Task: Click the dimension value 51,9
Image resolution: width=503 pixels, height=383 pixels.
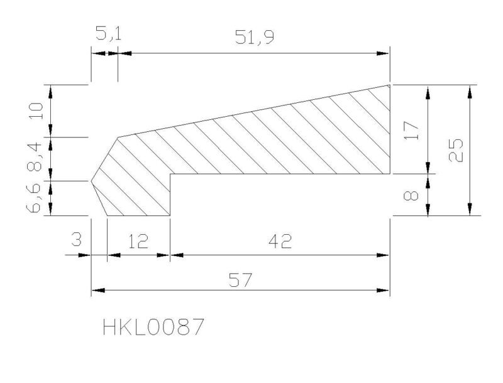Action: pos(255,36)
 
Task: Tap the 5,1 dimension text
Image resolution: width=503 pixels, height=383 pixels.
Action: pos(109,33)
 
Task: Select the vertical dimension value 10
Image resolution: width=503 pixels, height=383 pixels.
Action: pos(36,111)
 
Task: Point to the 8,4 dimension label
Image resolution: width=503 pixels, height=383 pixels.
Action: pos(35,157)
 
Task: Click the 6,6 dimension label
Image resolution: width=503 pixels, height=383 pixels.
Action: pos(34,198)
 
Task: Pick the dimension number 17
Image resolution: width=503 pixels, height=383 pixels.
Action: pos(412,130)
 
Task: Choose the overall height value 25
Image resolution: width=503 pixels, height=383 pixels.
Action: pos(456,150)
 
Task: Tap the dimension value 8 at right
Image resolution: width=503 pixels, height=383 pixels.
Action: pos(411,195)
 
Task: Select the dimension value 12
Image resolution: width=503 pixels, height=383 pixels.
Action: pos(138,241)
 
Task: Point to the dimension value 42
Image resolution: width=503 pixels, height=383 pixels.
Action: pos(280,241)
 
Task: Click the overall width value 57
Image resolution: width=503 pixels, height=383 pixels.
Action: pos(241,280)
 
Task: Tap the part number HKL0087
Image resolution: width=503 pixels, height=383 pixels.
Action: pos(153,327)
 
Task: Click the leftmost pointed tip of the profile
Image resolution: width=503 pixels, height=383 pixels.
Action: pos(91,181)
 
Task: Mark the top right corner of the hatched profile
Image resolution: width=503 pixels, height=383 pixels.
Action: pos(390,85)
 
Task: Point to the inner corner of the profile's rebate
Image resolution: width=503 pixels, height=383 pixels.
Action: pos(170,174)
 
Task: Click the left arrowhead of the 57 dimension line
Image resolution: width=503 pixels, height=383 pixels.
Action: pos(98,291)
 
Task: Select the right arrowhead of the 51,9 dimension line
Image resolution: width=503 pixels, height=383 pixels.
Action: pos(383,53)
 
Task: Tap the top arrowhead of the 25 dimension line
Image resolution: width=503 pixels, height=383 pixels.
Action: pos(470,92)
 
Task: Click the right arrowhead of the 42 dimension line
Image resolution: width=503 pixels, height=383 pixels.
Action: pos(383,255)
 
